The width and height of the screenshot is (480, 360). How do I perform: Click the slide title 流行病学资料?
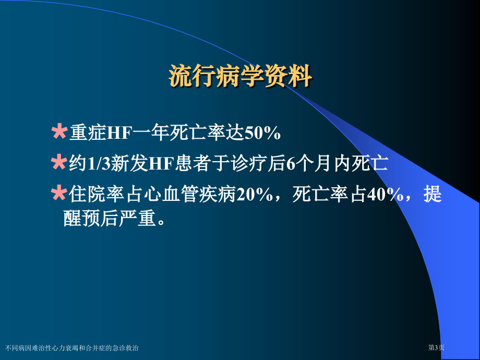pos(241,76)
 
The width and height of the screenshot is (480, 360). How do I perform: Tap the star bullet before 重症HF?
pos(59,131)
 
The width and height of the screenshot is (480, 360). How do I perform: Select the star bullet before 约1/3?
pos(59,162)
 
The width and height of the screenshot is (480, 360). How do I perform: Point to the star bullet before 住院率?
pos(59,193)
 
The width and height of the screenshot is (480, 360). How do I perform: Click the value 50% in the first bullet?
pos(262,133)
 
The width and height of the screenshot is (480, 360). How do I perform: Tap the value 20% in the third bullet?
pos(255,194)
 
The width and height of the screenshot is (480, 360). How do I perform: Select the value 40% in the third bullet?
pos(385,194)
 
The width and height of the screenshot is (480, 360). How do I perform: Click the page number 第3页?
pos(436,348)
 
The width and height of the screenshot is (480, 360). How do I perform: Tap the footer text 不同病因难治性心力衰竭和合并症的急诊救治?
pos(72,348)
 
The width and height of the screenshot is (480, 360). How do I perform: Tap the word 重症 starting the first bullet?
pos(88,133)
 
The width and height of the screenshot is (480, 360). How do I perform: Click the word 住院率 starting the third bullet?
pos(97,194)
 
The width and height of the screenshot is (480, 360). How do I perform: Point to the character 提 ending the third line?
pos(433,194)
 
